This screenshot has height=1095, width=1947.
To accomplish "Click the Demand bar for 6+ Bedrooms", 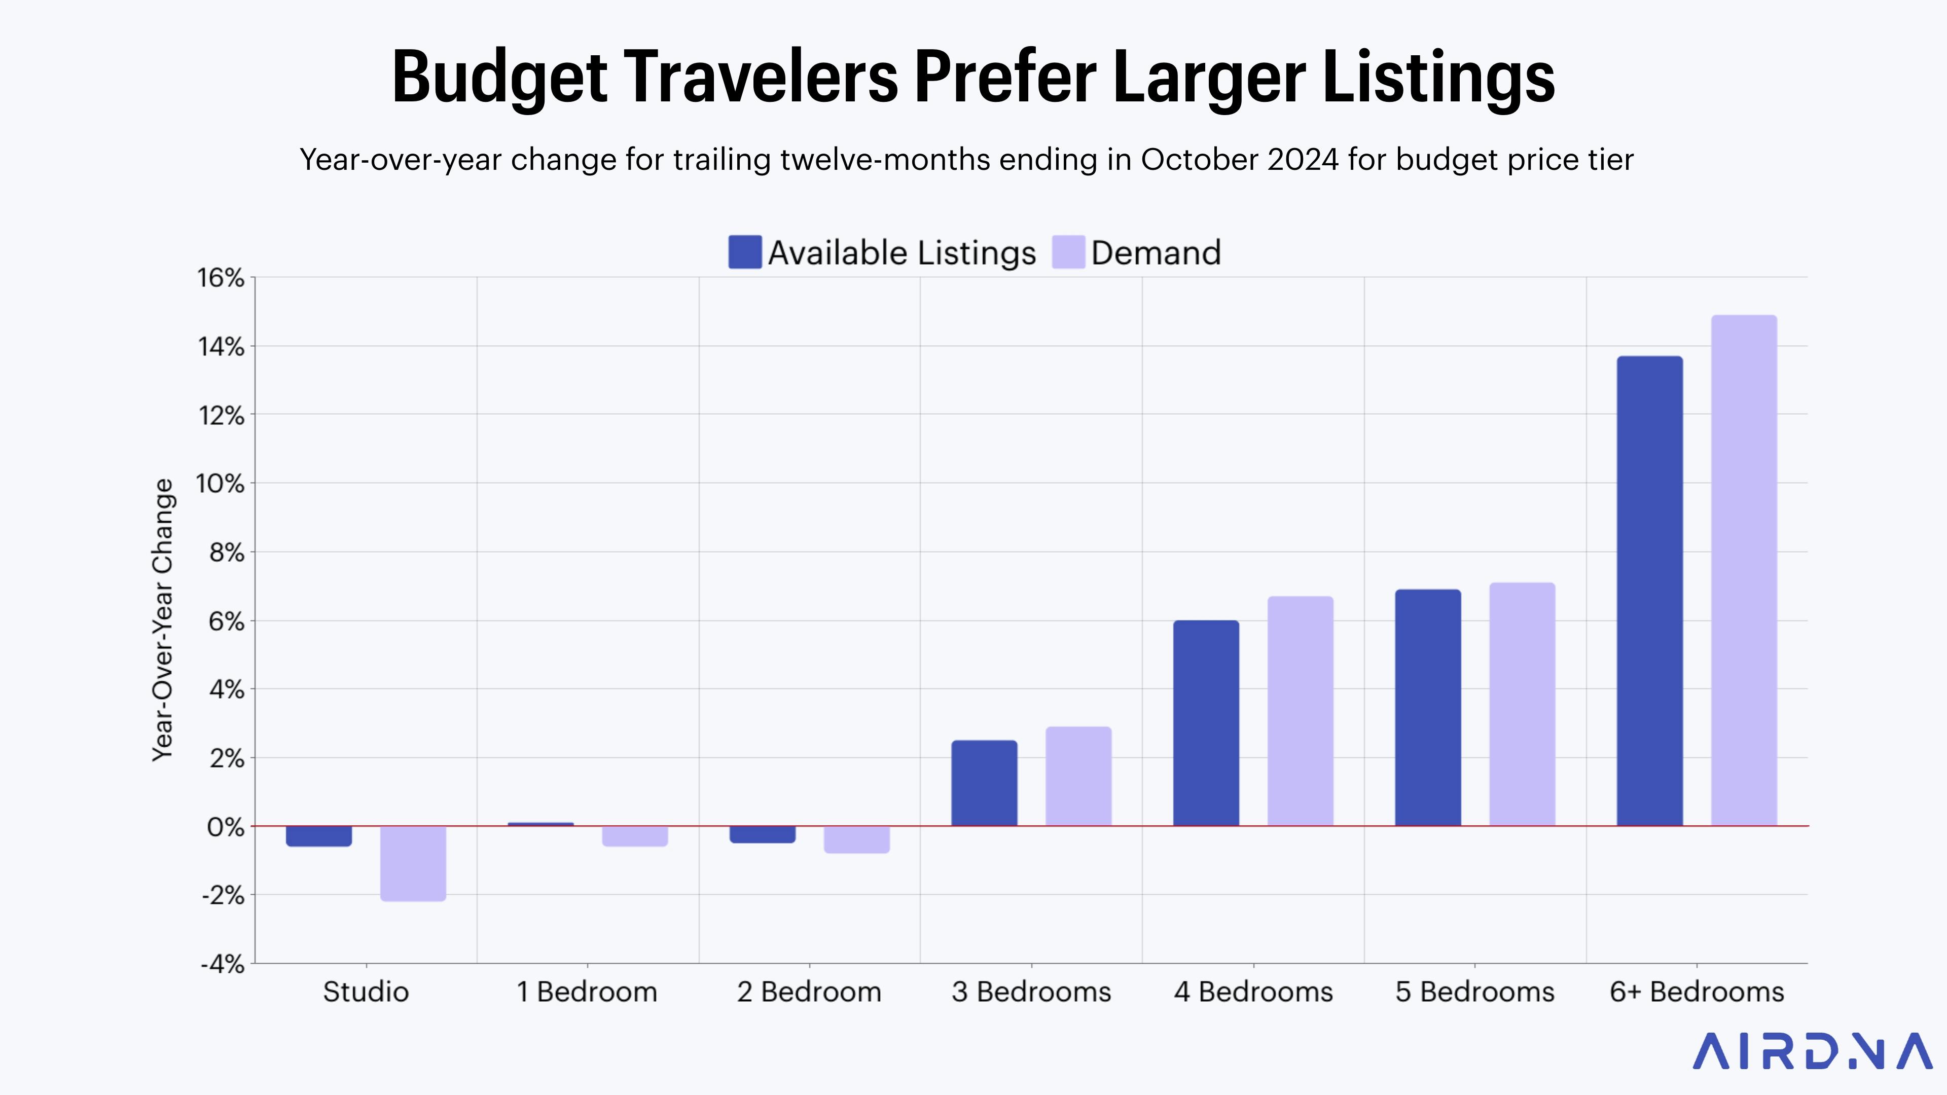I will [x=1744, y=570].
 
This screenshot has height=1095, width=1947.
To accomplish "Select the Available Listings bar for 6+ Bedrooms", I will [x=1649, y=591].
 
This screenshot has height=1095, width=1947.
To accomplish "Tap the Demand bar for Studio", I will [x=413, y=863].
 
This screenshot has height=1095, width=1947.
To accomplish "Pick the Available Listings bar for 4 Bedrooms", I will [x=1206, y=723].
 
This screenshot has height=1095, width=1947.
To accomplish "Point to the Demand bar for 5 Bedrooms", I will [x=1522, y=704].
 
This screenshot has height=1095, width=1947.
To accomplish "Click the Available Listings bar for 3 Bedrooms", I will [x=984, y=783].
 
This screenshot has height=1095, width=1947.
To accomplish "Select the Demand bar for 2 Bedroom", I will [x=856, y=839].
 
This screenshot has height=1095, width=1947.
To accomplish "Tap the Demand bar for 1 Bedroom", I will [x=635, y=836].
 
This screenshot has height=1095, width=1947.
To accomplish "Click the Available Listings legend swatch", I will [x=744, y=252].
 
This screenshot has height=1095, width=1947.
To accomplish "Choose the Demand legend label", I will [x=1156, y=253].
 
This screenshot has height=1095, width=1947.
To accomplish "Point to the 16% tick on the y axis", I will [x=221, y=278].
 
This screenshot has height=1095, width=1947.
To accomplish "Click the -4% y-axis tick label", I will [x=222, y=964].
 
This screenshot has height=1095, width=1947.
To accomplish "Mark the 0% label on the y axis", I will [x=225, y=827].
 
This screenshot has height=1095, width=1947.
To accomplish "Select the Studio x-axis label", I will [x=366, y=992].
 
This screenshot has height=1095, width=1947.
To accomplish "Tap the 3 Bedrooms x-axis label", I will [x=1031, y=992].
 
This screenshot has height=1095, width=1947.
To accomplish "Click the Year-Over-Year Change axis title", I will [x=163, y=619].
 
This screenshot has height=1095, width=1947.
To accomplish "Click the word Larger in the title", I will [x=1209, y=77].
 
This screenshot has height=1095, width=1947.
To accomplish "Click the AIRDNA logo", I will [x=1812, y=1051].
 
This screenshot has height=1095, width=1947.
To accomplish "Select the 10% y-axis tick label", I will [x=220, y=484].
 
